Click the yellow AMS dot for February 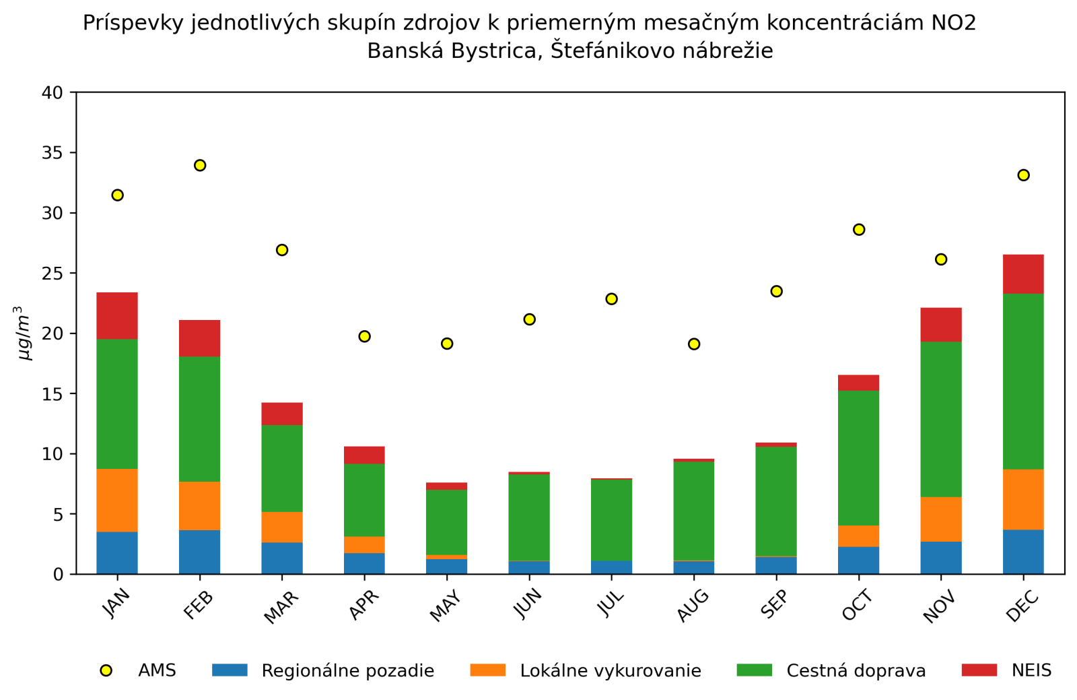tap(200, 165)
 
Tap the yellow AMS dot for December tap(1023, 175)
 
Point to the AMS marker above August tap(694, 344)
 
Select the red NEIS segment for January tap(117, 316)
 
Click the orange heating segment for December tap(1023, 499)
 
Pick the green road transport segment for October tap(858, 458)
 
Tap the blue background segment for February tap(200, 552)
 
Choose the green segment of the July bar tap(611, 519)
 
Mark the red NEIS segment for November tap(941, 325)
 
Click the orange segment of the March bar tap(282, 527)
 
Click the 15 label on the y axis tap(52, 394)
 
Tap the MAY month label tap(445, 606)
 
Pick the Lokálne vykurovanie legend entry tap(610, 671)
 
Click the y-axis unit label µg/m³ tap(24, 333)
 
